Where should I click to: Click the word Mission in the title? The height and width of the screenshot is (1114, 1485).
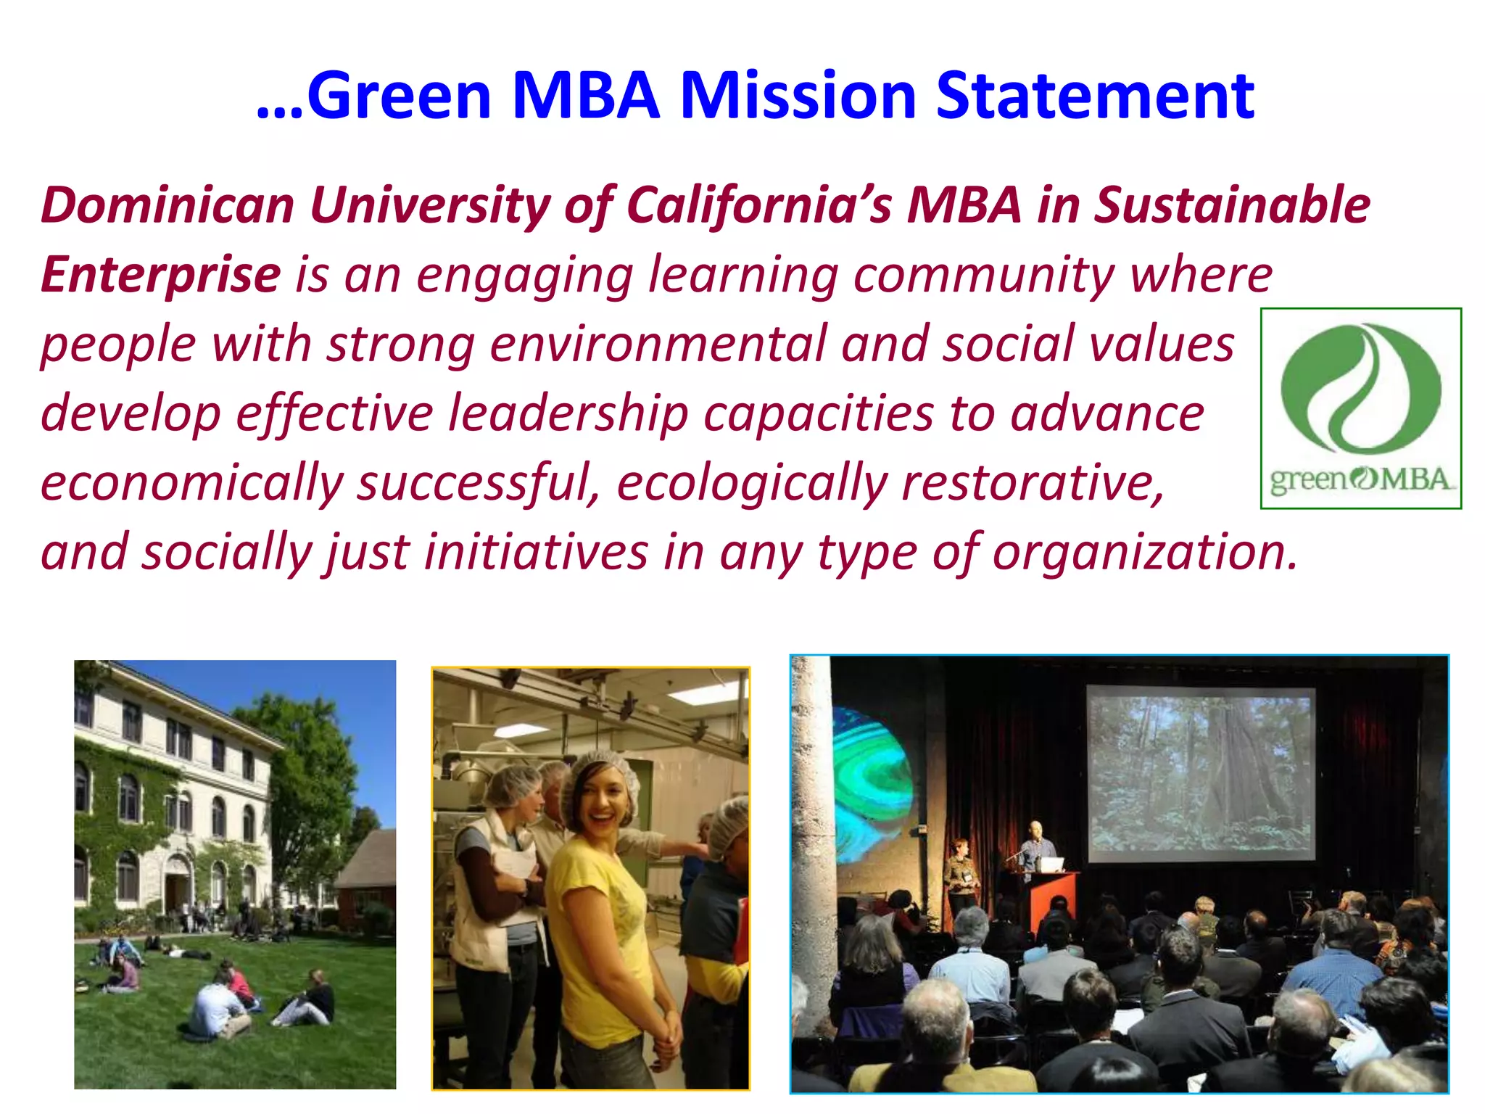[798, 96]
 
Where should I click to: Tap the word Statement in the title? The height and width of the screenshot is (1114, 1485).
[1095, 96]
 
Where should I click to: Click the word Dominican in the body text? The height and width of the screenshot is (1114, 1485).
[167, 205]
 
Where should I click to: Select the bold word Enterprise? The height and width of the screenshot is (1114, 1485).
[160, 275]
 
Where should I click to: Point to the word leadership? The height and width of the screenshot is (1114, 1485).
[568, 414]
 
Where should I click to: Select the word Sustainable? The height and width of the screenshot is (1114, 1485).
[1232, 205]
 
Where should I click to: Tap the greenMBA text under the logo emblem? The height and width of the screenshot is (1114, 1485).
[1360, 479]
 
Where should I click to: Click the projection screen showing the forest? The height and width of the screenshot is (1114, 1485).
[1201, 773]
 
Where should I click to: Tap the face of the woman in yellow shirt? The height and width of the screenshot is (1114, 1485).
[601, 805]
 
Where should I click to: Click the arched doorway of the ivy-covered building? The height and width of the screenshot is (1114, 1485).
[177, 881]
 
